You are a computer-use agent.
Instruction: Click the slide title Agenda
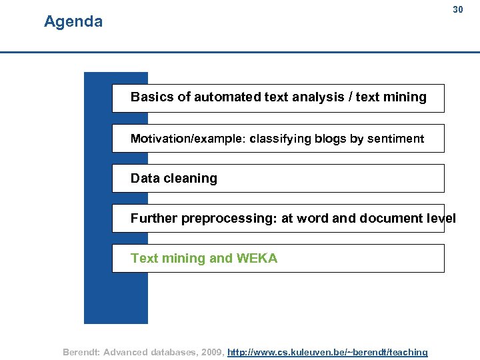(73, 22)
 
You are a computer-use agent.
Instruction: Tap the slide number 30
(457, 9)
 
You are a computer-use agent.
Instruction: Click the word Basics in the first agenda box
(152, 97)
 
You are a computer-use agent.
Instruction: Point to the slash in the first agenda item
(350, 97)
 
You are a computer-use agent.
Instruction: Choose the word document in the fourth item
(390, 218)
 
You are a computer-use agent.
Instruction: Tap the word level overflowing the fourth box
(441, 218)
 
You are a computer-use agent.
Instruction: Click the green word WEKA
(257, 258)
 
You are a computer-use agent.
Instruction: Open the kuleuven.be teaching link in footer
(327, 352)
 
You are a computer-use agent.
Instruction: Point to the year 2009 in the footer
(212, 352)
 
